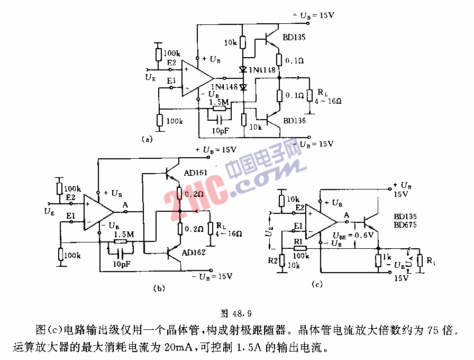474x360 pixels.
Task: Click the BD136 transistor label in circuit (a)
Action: click(294, 121)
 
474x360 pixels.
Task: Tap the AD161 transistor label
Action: click(196, 173)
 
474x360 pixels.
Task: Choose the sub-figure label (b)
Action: click(159, 289)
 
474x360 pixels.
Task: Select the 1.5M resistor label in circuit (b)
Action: click(123, 233)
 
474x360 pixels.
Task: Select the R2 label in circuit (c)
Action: click(272, 261)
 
